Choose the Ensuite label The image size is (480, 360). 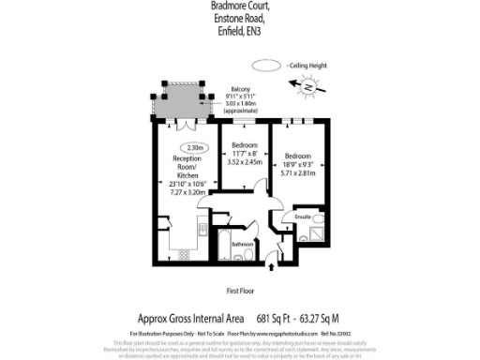click(302, 217)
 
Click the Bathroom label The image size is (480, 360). click(244, 244)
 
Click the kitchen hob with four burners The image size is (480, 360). click(183, 253)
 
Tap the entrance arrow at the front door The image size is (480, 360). click(272, 268)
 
